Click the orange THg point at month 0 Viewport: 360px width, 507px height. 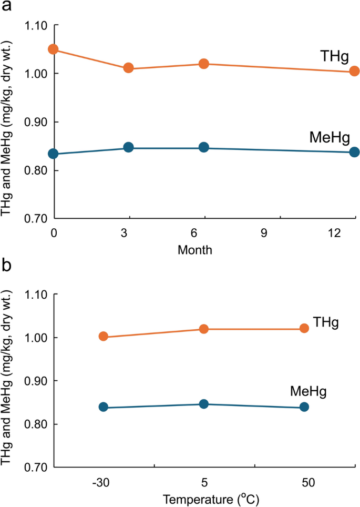pyautogui.click(x=53, y=49)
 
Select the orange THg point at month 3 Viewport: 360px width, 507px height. pyautogui.click(x=128, y=68)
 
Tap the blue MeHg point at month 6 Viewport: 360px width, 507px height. pyautogui.click(x=204, y=148)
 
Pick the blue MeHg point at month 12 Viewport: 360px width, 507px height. pyautogui.click(x=354, y=152)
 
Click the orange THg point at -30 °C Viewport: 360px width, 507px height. pyautogui.click(x=104, y=337)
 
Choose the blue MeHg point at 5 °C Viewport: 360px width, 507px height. pyautogui.click(x=204, y=404)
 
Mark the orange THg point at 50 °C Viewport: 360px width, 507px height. pyautogui.click(x=304, y=328)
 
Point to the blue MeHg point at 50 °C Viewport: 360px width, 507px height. pyautogui.click(x=304, y=407)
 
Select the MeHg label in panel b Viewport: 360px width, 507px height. pyautogui.click(x=308, y=392)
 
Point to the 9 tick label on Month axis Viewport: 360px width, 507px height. pyautogui.click(x=279, y=232)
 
